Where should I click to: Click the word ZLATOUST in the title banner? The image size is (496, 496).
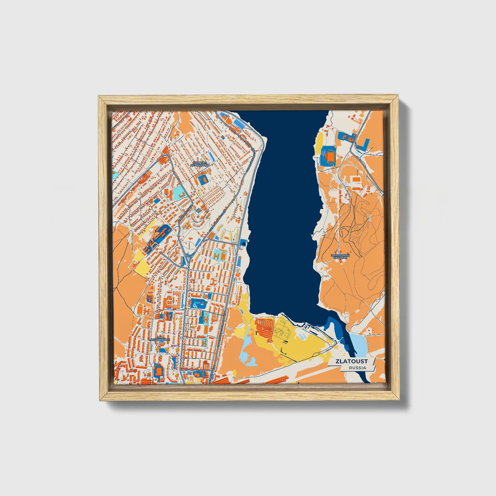pos(351,361)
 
